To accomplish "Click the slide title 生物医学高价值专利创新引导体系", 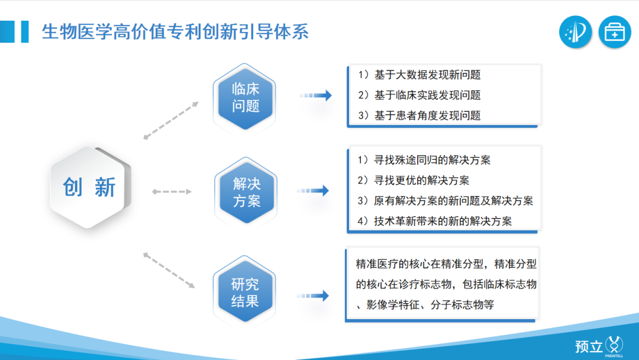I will pos(175,31).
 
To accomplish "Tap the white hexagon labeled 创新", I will pos(89,187).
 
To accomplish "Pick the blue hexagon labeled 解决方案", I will pos(247,191).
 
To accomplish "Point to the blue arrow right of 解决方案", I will pos(313,191).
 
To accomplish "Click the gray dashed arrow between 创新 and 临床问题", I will pos(172,120).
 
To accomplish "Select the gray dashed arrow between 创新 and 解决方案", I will pos(172,191).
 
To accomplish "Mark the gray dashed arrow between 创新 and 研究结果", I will pos(169,269).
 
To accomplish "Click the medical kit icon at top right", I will pos(615,32).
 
